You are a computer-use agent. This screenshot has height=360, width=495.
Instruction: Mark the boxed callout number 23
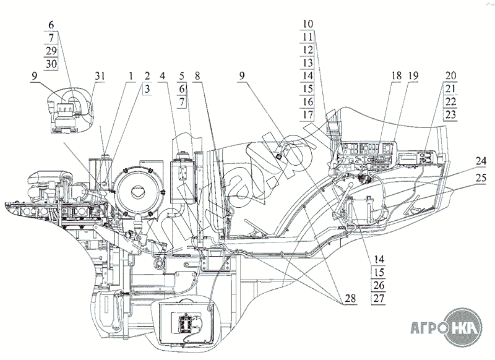tap(450, 114)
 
